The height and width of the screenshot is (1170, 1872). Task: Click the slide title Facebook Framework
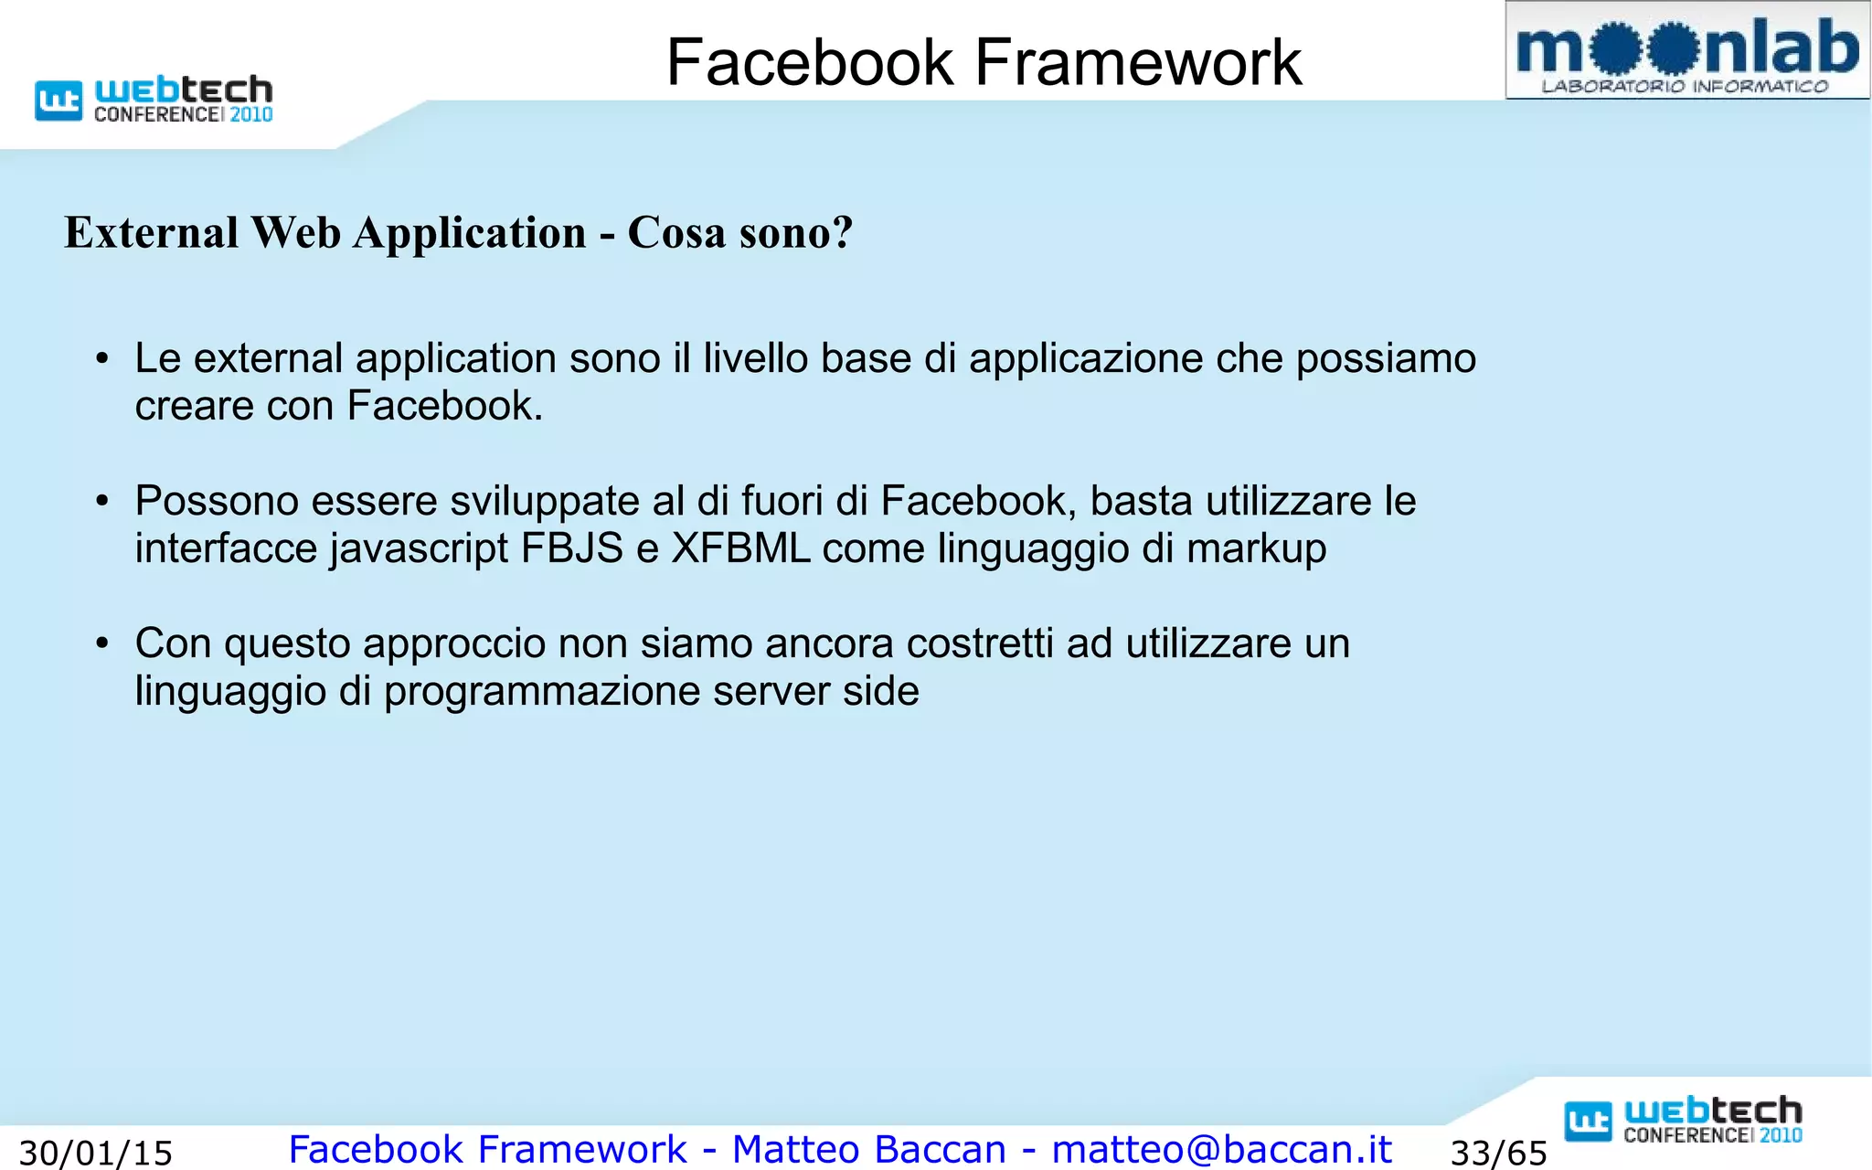tap(984, 62)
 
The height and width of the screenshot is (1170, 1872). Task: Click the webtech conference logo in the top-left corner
tap(154, 99)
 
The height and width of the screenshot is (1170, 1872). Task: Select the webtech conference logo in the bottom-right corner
tap(1684, 1121)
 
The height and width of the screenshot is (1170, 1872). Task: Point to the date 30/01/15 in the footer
tap(96, 1153)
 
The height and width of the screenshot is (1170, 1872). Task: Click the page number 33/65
tap(1499, 1153)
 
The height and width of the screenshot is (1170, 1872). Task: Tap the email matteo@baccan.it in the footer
tap(1222, 1149)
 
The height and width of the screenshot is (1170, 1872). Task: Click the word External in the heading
tap(152, 232)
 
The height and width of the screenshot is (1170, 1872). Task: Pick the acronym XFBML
tap(740, 548)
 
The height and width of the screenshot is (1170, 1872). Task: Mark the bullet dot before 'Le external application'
tap(102, 359)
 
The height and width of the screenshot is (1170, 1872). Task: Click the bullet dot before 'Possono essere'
tap(102, 502)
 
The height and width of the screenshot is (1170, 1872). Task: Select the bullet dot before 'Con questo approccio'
tap(102, 644)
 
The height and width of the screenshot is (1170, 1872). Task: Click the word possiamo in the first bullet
tap(1386, 359)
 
